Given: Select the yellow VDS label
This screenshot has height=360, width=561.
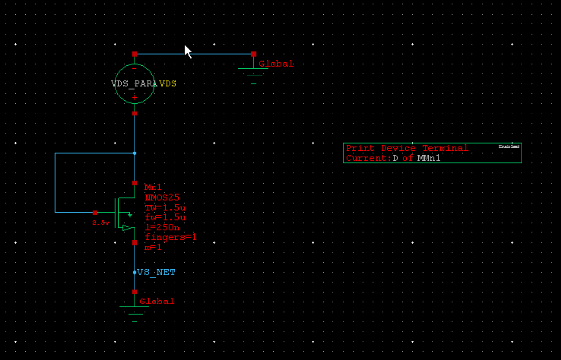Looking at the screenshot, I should point(168,84).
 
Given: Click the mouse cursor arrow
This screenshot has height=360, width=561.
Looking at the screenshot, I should point(188,51).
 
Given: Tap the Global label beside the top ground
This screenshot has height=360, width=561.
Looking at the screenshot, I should point(276,64).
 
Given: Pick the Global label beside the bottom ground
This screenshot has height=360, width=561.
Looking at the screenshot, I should point(157,302).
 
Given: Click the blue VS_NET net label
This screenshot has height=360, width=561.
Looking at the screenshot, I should point(156,272).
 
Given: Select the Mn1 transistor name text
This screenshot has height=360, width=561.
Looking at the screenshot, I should point(153,188).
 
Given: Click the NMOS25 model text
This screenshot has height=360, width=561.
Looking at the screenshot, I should point(162,197).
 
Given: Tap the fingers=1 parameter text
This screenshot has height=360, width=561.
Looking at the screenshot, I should point(171,237).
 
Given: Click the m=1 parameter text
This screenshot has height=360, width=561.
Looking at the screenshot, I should point(153,247).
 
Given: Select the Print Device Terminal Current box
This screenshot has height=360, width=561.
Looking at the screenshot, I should point(432,153).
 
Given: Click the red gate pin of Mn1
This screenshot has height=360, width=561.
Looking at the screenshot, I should point(95,213).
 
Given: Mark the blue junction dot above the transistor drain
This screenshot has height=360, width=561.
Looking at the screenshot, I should point(135,153).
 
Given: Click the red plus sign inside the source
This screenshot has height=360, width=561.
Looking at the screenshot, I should point(135,98).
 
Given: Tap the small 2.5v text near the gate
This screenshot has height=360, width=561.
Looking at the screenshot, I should point(100,223).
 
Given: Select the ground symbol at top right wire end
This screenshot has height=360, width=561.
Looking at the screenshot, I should point(253,73).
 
